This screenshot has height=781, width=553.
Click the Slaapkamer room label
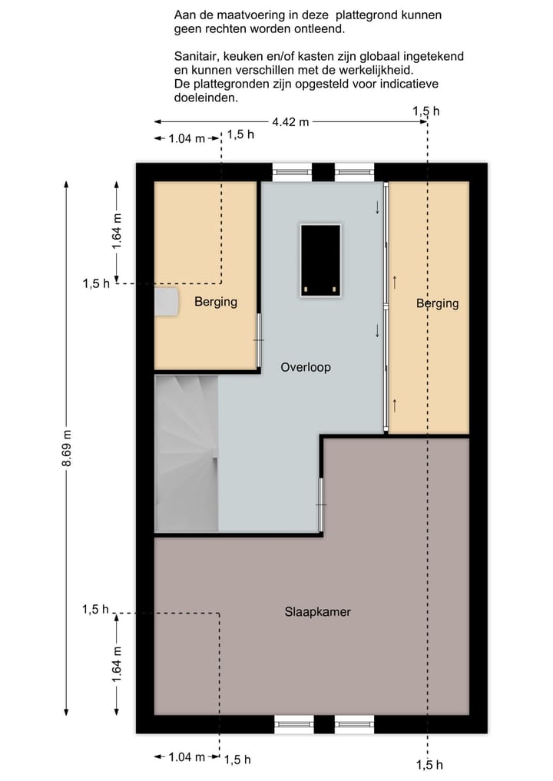click(x=317, y=611)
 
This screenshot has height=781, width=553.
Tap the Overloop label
click(x=306, y=367)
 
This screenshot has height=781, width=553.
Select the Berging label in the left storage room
click(x=216, y=302)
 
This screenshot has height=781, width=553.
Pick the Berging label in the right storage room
click(x=438, y=303)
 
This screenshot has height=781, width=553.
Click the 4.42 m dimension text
click(x=290, y=121)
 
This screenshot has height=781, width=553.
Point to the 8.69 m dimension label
click(x=67, y=448)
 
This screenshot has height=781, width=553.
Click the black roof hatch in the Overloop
click(x=320, y=260)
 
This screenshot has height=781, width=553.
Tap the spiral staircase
click(x=187, y=453)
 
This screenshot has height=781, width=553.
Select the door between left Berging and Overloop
click(x=259, y=341)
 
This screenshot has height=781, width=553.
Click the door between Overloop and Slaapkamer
click(x=321, y=505)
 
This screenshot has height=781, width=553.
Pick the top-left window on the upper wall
click(x=292, y=172)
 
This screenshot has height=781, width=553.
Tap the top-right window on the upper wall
click(x=354, y=172)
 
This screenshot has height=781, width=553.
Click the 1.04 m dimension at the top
click(x=187, y=138)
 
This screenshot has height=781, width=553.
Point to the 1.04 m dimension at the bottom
click(x=187, y=758)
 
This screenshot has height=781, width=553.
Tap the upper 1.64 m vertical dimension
click(x=117, y=232)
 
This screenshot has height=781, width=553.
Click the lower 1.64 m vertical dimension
click(x=117, y=664)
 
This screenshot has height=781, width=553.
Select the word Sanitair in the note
click(x=196, y=56)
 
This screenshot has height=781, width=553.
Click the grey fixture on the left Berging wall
click(x=166, y=301)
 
